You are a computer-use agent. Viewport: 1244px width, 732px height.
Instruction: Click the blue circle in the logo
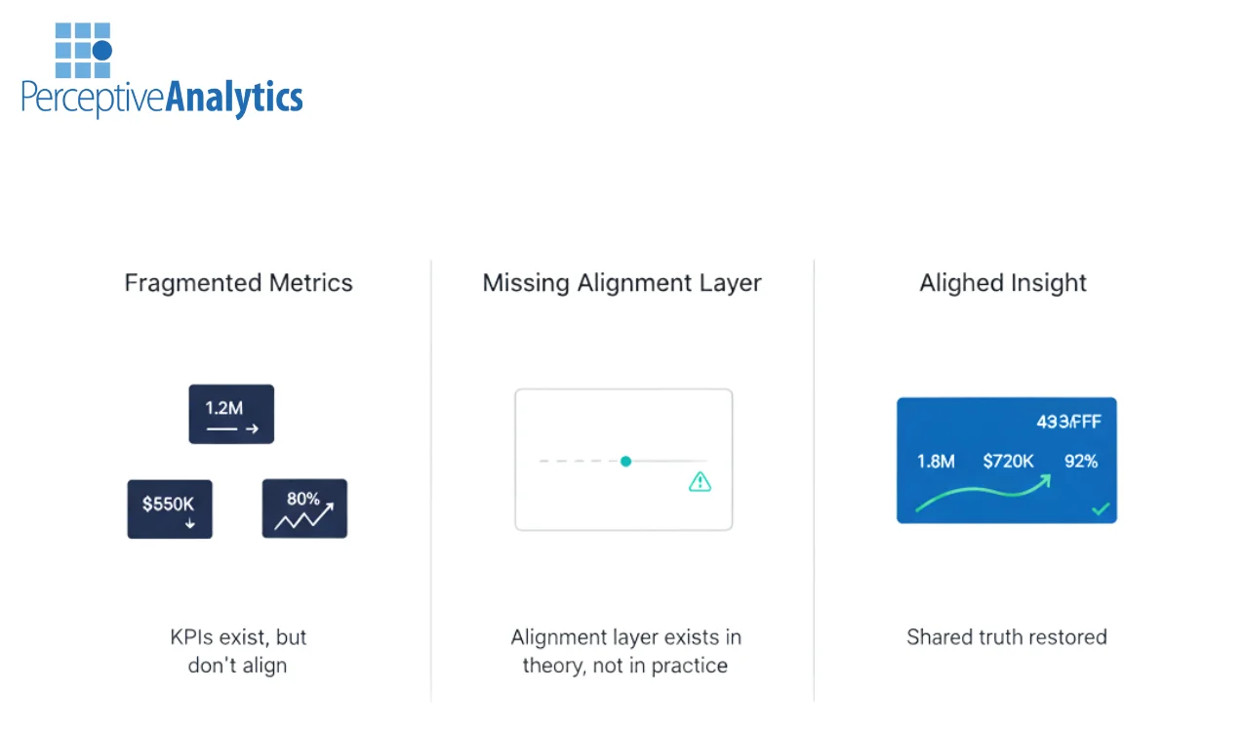point(102,50)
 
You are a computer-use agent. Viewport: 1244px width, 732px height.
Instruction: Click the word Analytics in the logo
point(234,99)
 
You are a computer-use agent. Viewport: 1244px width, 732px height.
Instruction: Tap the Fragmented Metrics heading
point(239,283)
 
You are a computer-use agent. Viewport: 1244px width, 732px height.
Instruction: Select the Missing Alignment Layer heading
point(622,283)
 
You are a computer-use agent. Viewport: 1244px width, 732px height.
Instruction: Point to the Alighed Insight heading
point(1003,283)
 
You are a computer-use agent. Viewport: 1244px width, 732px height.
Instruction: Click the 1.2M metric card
point(231,414)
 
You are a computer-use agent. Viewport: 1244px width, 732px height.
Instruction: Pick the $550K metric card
point(170,508)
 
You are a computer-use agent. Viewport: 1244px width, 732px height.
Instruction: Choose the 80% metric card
point(304,508)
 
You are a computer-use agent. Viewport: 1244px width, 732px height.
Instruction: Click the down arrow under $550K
point(190,523)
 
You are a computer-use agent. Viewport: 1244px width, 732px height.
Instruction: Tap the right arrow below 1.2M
point(252,428)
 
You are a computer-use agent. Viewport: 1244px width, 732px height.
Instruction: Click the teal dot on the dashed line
point(625,461)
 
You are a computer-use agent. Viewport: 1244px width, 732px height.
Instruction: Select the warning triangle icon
point(700,481)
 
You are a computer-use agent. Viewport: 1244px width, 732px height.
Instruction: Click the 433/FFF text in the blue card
point(1068,422)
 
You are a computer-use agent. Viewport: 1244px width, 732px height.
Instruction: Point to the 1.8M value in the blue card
point(936,461)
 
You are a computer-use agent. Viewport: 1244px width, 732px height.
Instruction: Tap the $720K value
point(1008,461)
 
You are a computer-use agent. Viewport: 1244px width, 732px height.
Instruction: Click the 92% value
point(1081,461)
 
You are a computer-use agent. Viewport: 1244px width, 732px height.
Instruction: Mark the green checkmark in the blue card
point(1101,508)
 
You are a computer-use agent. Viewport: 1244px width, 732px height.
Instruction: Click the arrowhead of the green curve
point(1045,480)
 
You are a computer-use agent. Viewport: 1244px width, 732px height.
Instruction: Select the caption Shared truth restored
point(1007,637)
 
